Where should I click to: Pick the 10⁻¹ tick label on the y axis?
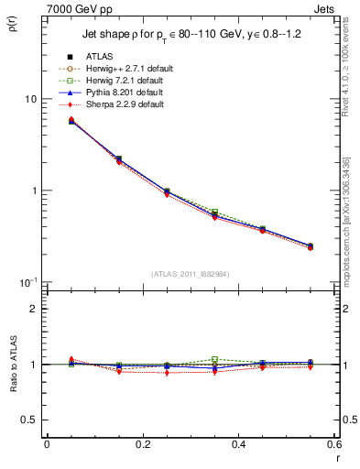point(27,281)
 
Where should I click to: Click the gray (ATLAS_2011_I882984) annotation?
point(190,273)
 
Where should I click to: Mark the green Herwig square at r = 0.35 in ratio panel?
point(215,360)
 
